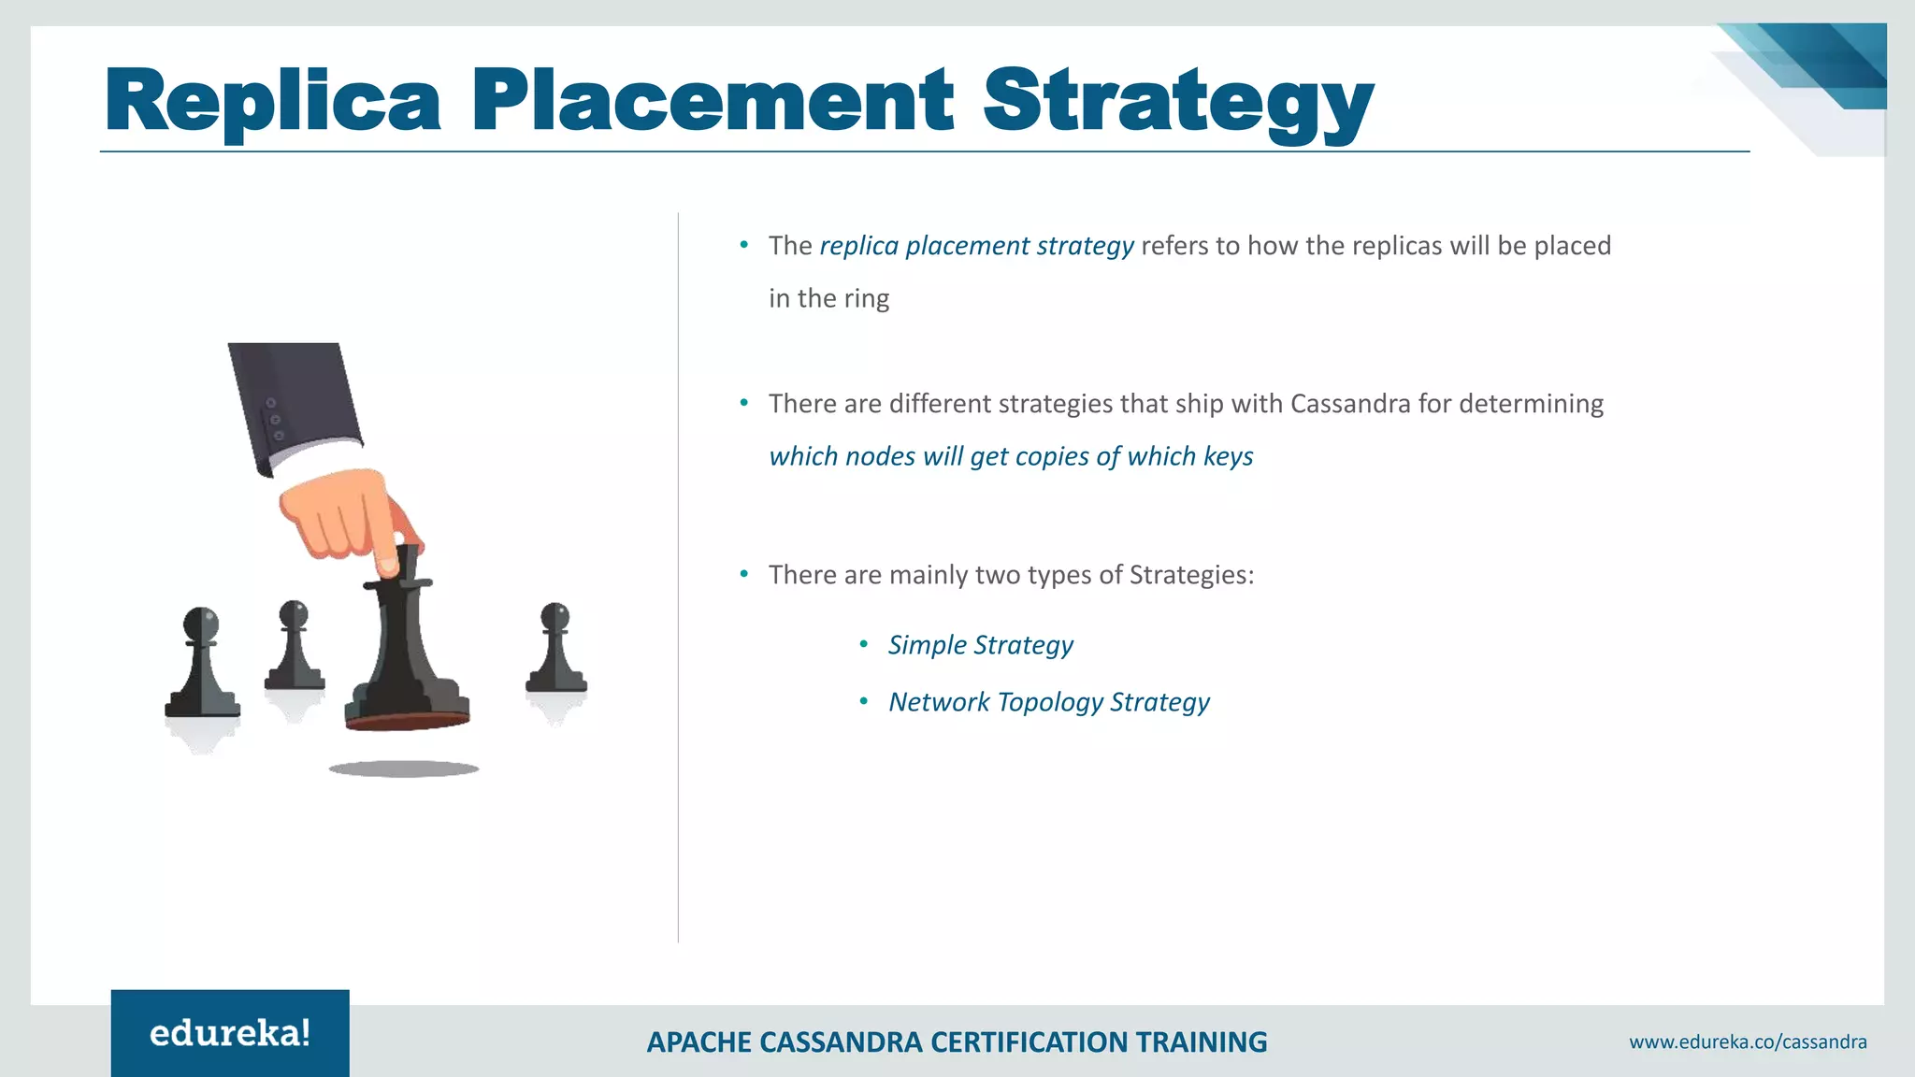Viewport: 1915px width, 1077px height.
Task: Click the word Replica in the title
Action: point(272,101)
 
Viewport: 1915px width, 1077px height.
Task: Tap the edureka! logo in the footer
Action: point(230,1033)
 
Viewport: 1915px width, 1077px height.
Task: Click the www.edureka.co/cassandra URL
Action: point(1748,1041)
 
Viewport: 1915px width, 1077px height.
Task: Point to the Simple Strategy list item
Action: point(980,645)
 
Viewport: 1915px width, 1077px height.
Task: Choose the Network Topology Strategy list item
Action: point(1048,702)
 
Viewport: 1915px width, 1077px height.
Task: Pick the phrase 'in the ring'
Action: point(828,298)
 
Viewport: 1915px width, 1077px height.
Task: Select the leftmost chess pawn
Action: point(202,664)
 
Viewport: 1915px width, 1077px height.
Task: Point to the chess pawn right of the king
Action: point(556,650)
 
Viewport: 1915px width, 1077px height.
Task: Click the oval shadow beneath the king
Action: point(404,768)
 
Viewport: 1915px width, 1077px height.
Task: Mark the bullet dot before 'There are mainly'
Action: point(744,574)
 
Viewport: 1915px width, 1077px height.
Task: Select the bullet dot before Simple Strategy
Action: point(864,644)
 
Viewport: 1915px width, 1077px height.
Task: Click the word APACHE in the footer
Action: point(698,1041)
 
